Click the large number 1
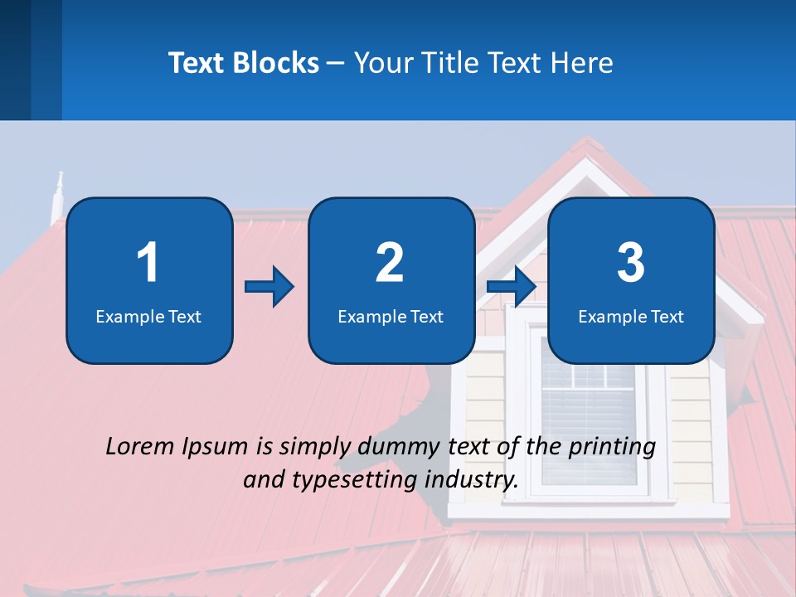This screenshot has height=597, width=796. [148, 263]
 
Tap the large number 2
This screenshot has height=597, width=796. [390, 263]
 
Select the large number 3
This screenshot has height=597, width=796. [631, 263]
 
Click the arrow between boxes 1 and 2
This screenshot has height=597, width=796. [269, 288]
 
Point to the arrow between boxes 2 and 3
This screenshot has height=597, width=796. [511, 288]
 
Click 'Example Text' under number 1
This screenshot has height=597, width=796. [148, 316]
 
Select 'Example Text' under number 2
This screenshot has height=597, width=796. [391, 316]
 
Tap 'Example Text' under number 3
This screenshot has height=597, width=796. [631, 316]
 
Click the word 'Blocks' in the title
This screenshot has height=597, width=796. [276, 63]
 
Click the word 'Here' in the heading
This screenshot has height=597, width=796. [581, 63]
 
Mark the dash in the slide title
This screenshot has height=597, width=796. [337, 64]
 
